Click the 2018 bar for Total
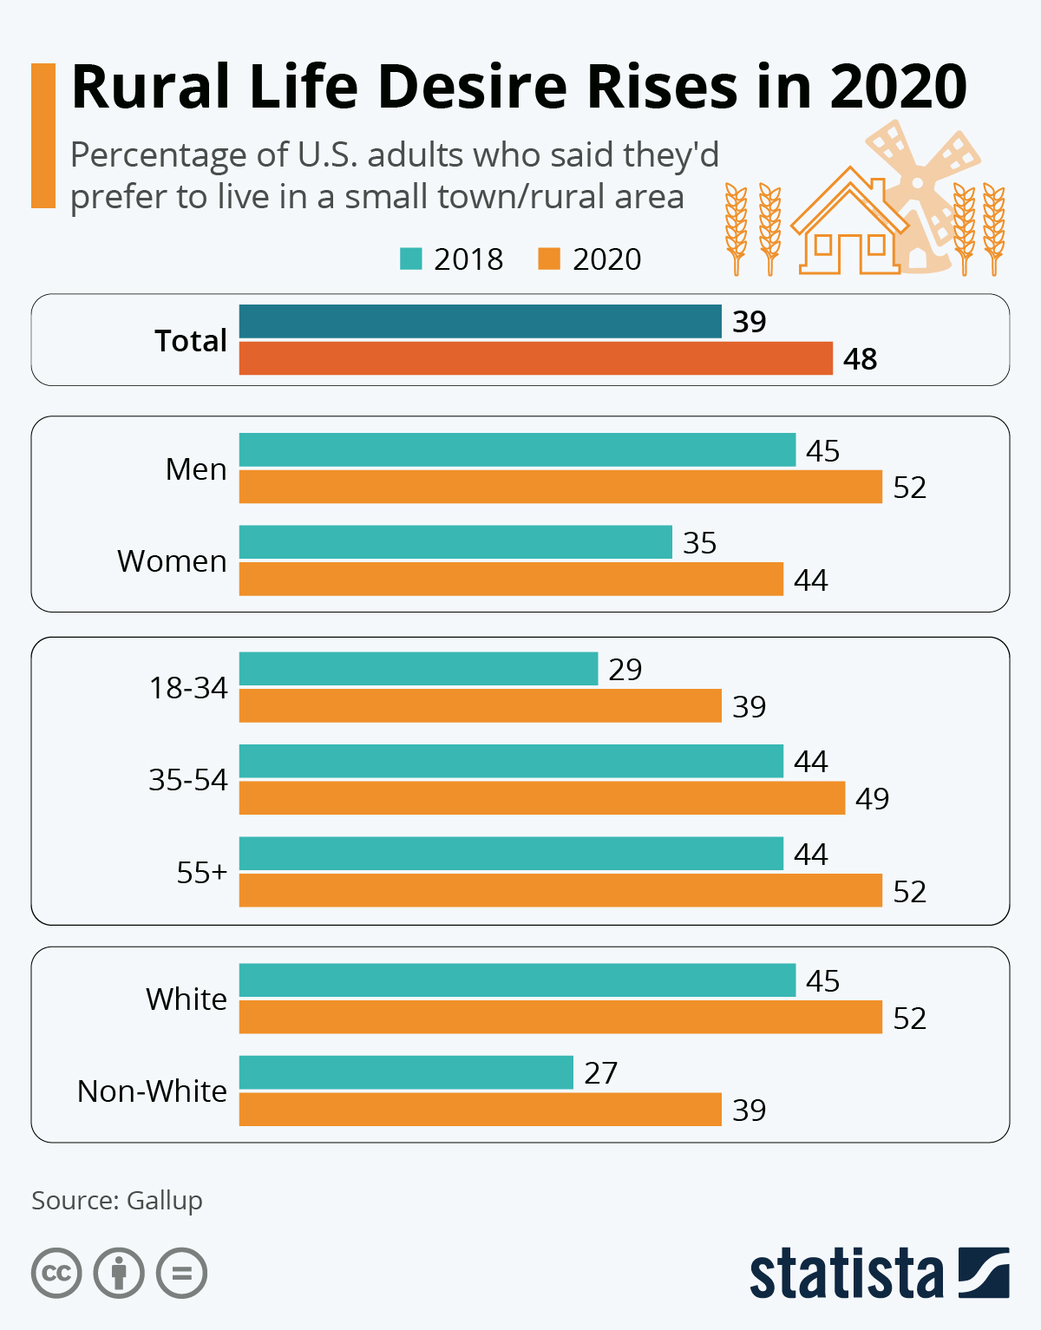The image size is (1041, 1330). pos(480,321)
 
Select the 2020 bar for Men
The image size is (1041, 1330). pos(560,487)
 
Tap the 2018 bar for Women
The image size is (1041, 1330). pos(455,542)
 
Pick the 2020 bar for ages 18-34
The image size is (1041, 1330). pos(480,706)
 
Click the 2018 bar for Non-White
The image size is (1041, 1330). pos(406,1072)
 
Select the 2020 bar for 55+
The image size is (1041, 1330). pos(560,891)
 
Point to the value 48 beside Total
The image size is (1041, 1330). pos(860,359)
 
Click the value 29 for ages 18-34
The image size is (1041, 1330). pos(625,670)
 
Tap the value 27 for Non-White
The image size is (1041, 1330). pos(600,1073)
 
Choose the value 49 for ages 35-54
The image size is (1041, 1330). pos(872,799)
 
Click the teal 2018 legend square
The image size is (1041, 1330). pos(410,259)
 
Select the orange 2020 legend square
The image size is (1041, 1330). pos(549,259)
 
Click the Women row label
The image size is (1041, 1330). pos(172,561)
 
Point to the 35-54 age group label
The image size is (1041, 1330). pos(187,780)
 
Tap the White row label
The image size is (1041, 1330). pos(186,999)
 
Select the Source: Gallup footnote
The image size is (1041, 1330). pos(117,1201)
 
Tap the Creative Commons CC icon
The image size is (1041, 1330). pos(56,1274)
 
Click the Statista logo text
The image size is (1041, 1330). pos(846,1274)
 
